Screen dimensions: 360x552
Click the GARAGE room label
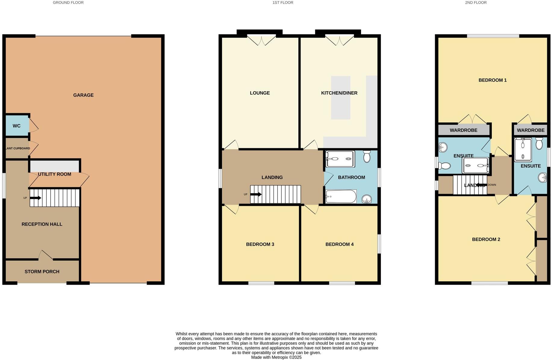click(x=83, y=95)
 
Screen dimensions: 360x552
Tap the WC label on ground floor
click(x=17, y=126)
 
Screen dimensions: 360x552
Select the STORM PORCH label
click(x=42, y=272)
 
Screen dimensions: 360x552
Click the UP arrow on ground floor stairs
click(x=36, y=198)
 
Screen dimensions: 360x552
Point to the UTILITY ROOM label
click(x=55, y=174)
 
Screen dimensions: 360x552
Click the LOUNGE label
click(x=260, y=93)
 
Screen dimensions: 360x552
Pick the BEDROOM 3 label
click(x=260, y=244)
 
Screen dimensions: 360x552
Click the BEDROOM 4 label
click(x=339, y=244)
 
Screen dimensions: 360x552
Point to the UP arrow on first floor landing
click(x=256, y=194)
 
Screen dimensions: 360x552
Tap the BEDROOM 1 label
click(x=492, y=80)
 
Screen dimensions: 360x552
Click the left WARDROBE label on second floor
click(x=463, y=130)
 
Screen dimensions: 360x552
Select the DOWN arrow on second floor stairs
click(x=481, y=185)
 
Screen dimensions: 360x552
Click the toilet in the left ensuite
click(x=444, y=166)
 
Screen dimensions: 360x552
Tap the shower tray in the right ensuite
click(x=523, y=150)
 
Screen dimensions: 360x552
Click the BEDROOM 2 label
click(x=486, y=239)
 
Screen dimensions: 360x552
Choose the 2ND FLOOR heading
click(x=476, y=2)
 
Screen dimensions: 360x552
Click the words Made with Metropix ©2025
click(x=276, y=357)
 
